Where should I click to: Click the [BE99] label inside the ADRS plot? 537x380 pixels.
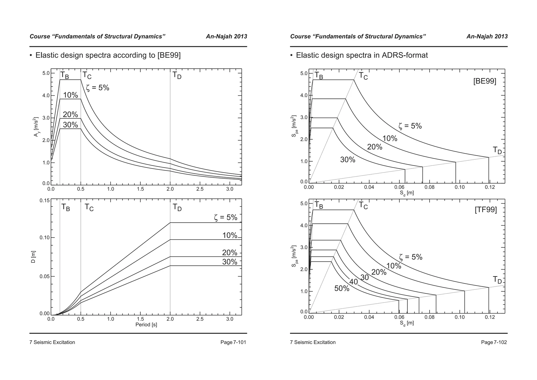tap(485, 81)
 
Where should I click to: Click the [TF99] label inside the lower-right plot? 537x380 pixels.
tap(486, 210)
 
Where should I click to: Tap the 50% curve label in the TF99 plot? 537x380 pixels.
tap(342, 288)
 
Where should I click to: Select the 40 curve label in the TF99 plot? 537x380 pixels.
tap(353, 282)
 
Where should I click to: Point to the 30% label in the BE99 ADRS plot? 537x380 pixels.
tap(347, 160)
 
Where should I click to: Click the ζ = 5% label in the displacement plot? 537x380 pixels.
tap(225, 218)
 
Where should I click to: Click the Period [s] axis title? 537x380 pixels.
tap(146, 325)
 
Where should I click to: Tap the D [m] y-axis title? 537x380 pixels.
tap(33, 257)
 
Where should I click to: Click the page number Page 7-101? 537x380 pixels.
tap(233, 342)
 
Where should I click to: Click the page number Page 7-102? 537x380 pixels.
tap(494, 342)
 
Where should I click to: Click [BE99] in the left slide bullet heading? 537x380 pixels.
tap(169, 55)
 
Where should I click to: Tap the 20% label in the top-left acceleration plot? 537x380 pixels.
tap(70, 115)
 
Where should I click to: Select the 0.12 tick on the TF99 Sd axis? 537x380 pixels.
tap(490, 317)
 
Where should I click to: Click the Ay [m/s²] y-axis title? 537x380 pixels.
tap(36, 127)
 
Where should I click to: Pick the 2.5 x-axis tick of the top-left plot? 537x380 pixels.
tap(200, 189)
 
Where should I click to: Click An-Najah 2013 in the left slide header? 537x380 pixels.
tap(226, 36)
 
